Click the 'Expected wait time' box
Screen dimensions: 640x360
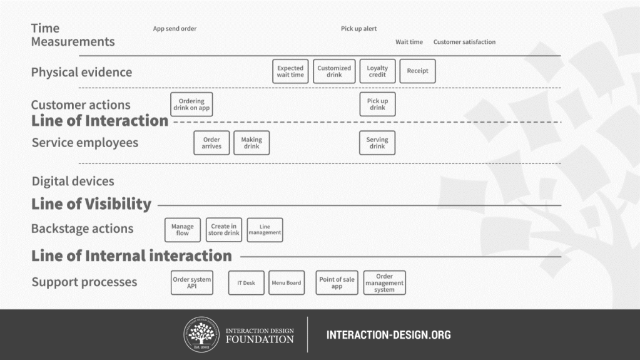pos(290,71)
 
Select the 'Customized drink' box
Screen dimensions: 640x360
pos(334,71)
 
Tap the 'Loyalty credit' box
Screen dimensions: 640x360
pos(377,71)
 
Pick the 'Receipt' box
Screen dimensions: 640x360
pos(417,71)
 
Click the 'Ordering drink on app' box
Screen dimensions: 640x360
pos(191,104)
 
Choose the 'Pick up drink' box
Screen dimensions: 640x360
pos(377,104)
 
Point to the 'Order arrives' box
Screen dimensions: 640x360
pos(211,143)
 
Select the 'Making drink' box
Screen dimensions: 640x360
pos(251,143)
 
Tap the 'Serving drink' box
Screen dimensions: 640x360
pos(377,143)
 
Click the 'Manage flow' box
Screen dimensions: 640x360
pos(183,230)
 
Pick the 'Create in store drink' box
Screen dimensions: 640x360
pos(224,230)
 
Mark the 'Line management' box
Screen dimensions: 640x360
pos(265,230)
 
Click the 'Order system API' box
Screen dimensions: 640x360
pos(192,282)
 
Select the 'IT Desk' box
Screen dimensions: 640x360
pos(246,282)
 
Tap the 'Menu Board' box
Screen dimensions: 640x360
pos(287,282)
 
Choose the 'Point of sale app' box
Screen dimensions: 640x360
pos(337,282)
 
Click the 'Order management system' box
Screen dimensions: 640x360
pos(385,282)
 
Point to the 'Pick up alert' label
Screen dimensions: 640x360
pos(358,29)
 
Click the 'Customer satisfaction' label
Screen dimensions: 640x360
pos(464,42)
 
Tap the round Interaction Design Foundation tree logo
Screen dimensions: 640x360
pos(201,334)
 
